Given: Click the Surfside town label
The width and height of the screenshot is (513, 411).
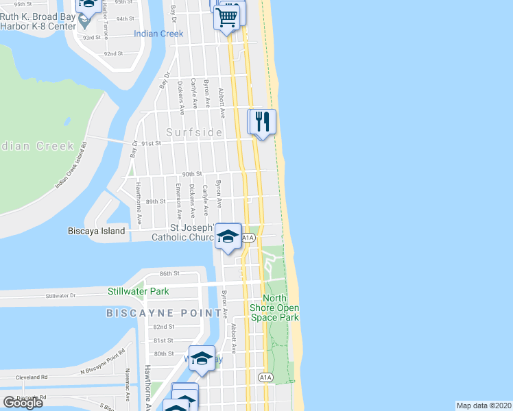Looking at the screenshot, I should [x=195, y=132].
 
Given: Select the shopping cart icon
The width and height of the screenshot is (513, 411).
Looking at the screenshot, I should [x=227, y=16].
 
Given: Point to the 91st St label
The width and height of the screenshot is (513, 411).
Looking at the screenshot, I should [x=150, y=143].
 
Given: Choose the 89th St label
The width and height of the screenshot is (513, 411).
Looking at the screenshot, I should [x=156, y=201].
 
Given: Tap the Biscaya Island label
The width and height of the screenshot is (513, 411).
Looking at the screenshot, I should [x=97, y=231].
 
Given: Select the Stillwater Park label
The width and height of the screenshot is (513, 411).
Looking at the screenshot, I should [x=137, y=291].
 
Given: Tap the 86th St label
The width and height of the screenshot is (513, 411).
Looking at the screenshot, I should [x=169, y=273].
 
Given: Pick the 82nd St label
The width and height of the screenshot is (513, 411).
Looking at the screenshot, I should [x=164, y=327].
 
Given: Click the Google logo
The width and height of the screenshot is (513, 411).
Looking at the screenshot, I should [x=23, y=402].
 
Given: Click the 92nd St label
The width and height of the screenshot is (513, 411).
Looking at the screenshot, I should [x=112, y=53].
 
